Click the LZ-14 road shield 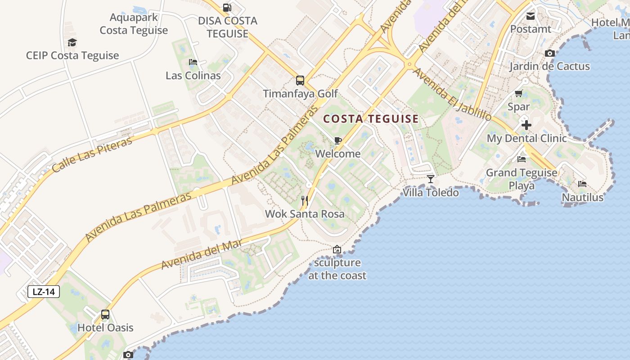pyautogui.click(x=44, y=292)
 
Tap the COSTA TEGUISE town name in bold pyautogui.click(x=371, y=119)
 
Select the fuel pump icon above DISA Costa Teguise pyautogui.click(x=227, y=8)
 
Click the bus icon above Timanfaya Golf pyautogui.click(x=300, y=81)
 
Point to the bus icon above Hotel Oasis pyautogui.click(x=105, y=315)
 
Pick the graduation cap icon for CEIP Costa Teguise pyautogui.click(x=72, y=43)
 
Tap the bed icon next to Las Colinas pyautogui.click(x=193, y=62)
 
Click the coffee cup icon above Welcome pyautogui.click(x=338, y=141)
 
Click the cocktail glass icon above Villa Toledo pyautogui.click(x=431, y=179)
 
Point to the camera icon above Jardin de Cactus pyautogui.click(x=549, y=53)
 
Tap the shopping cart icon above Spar pyautogui.click(x=518, y=94)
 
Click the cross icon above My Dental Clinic pyautogui.click(x=526, y=125)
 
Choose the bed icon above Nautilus pyautogui.click(x=582, y=184)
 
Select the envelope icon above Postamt pyautogui.click(x=531, y=16)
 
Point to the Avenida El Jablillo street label pyautogui.click(x=452, y=94)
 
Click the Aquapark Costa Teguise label pyautogui.click(x=134, y=24)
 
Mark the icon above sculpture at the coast pyautogui.click(x=337, y=249)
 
